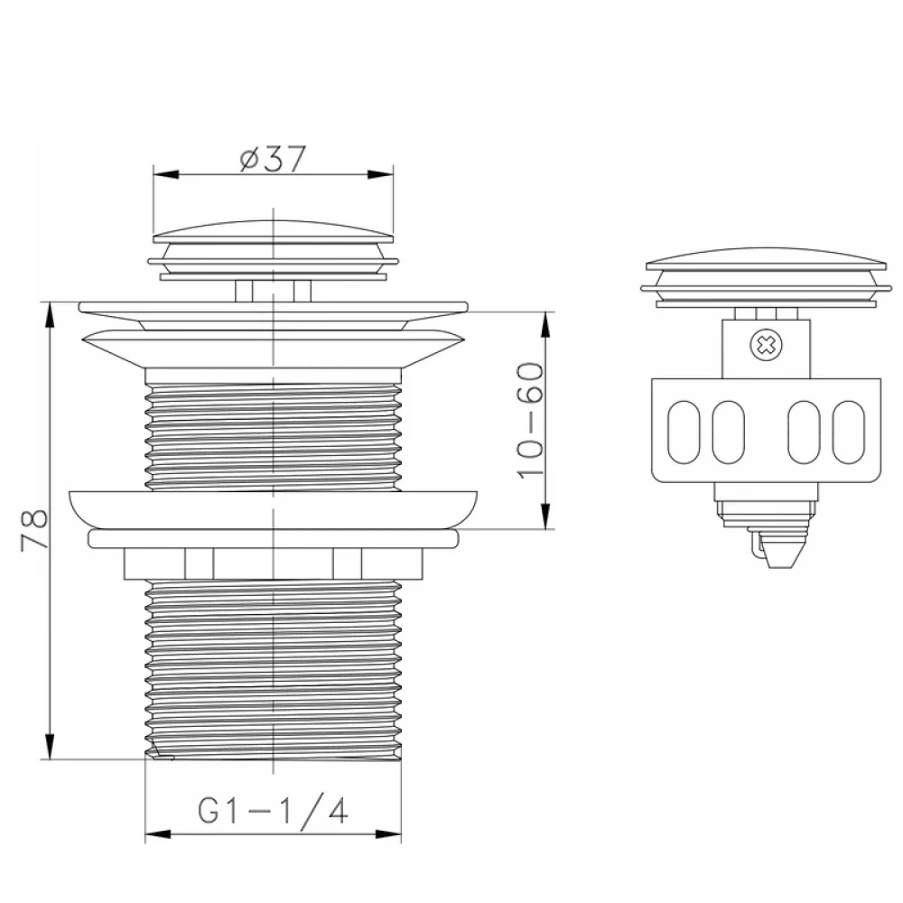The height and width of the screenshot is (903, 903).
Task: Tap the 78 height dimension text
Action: [34, 530]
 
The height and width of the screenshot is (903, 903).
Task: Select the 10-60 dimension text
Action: [530, 421]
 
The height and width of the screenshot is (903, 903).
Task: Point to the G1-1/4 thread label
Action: [273, 812]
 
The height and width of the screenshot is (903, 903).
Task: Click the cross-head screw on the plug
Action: [767, 345]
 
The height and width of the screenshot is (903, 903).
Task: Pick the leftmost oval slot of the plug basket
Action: [684, 432]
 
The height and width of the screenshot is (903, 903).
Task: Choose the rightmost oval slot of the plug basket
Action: [848, 432]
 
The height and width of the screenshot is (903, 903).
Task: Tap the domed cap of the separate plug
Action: [766, 259]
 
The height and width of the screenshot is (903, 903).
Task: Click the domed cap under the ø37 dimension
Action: [274, 231]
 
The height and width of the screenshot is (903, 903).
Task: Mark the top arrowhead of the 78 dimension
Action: [50, 314]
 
